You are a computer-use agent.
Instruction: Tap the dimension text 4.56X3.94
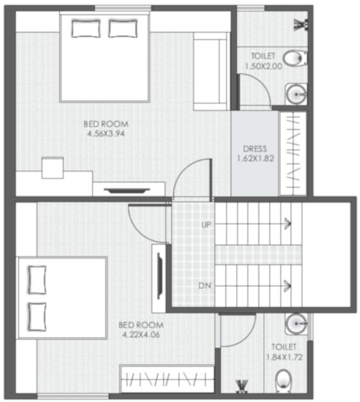(106, 133)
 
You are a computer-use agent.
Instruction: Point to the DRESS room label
(255, 149)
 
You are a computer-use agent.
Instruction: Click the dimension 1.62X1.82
(255, 158)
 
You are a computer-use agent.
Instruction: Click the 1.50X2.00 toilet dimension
(263, 66)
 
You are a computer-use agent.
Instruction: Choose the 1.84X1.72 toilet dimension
(284, 356)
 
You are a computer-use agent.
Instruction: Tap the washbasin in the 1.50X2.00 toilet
(297, 94)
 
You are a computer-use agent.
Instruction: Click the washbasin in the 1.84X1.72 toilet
(297, 323)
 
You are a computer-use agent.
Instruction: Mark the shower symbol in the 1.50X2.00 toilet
(301, 24)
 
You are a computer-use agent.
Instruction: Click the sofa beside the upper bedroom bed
(210, 71)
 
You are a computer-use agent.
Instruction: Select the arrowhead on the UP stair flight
(287, 224)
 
